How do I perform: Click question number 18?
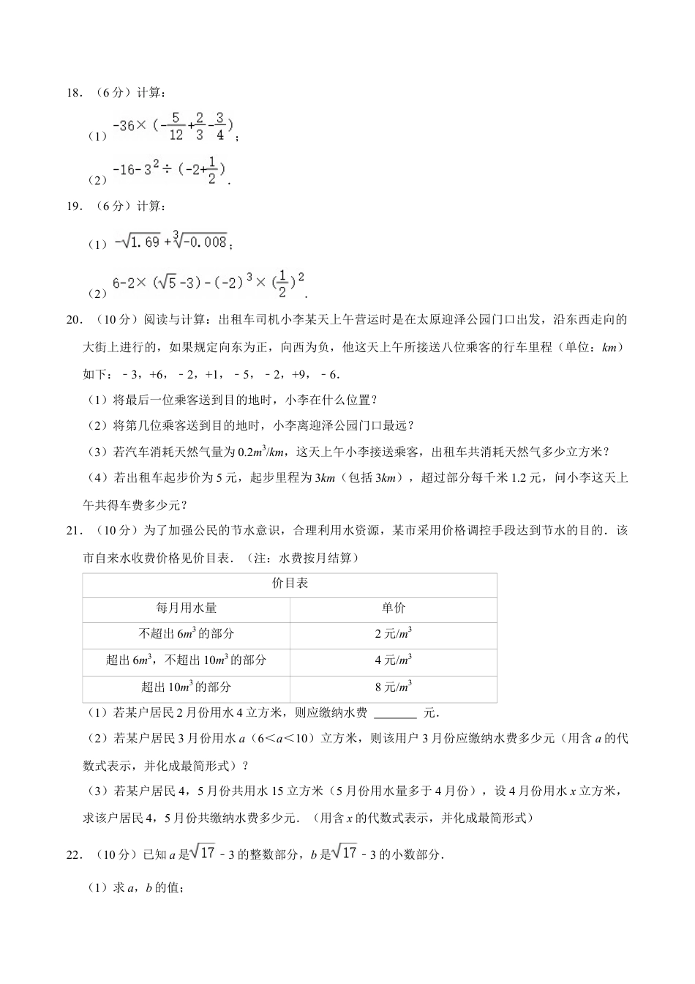[x=74, y=93]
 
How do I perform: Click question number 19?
[x=74, y=206]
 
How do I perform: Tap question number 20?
[x=74, y=319]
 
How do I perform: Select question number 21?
[x=74, y=531]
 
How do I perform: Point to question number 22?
[x=74, y=854]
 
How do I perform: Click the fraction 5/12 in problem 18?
[x=175, y=126]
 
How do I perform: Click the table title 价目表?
[x=290, y=584]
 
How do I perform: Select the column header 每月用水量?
[x=186, y=608]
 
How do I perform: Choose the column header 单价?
[x=393, y=608]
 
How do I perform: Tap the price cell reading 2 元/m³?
[x=393, y=634]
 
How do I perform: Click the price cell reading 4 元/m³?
[x=393, y=660]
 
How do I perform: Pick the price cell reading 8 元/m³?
[x=393, y=687]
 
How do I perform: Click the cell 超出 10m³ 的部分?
[x=186, y=687]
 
